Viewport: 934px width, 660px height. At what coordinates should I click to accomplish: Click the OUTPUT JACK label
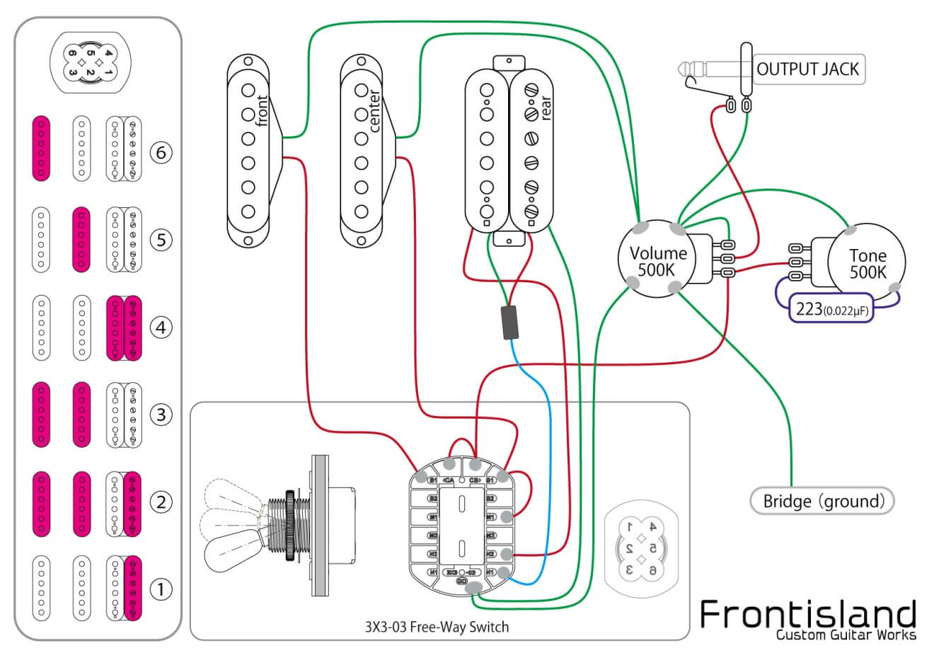tap(807, 69)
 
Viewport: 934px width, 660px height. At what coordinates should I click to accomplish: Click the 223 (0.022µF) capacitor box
tap(832, 309)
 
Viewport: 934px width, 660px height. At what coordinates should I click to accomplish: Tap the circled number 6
tap(161, 152)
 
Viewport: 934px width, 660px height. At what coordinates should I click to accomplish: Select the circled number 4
tap(161, 328)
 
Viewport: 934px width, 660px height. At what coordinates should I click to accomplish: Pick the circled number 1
tap(161, 589)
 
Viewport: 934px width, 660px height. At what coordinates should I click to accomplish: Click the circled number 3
tap(161, 415)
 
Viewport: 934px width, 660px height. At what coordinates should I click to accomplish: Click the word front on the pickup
tap(263, 111)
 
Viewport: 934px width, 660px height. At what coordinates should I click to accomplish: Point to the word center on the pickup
tap(375, 111)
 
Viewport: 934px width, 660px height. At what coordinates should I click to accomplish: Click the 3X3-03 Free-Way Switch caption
tap(437, 627)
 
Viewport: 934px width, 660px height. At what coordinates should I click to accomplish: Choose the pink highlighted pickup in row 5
tap(81, 240)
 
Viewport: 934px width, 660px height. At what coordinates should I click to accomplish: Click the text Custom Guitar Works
tap(846, 635)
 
